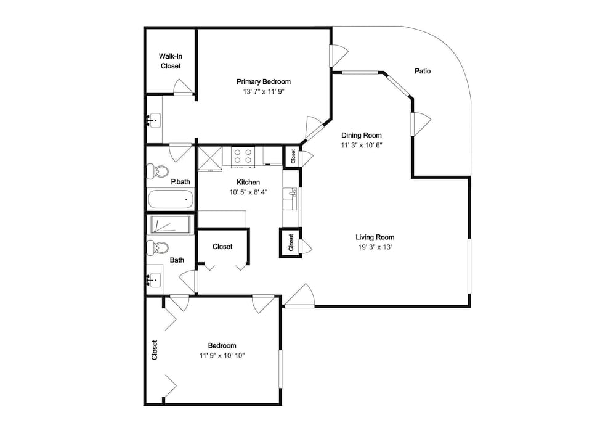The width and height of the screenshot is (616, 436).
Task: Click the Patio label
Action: (423, 71)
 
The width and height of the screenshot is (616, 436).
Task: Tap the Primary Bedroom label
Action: (264, 82)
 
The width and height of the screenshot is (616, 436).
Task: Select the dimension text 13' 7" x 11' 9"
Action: (263, 92)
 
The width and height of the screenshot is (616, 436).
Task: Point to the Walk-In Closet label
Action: (171, 61)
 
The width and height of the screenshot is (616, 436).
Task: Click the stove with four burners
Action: (243, 157)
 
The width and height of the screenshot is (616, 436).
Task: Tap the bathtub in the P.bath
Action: (171, 199)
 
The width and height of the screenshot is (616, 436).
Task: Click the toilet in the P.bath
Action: (158, 171)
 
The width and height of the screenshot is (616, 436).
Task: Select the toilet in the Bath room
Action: (158, 248)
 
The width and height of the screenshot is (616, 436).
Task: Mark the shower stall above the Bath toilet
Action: (170, 225)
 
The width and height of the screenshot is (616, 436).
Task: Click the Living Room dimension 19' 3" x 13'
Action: (375, 247)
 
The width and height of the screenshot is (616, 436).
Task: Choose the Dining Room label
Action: (362, 135)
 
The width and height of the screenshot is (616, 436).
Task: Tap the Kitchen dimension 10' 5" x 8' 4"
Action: (248, 192)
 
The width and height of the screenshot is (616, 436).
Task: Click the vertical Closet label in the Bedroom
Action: (155, 350)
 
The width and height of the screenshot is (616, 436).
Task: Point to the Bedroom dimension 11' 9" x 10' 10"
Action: (222, 356)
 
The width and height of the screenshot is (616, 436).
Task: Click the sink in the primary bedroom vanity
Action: (155, 120)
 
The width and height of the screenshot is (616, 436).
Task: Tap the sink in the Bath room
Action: (155, 280)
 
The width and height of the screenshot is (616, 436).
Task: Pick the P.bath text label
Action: (180, 182)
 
